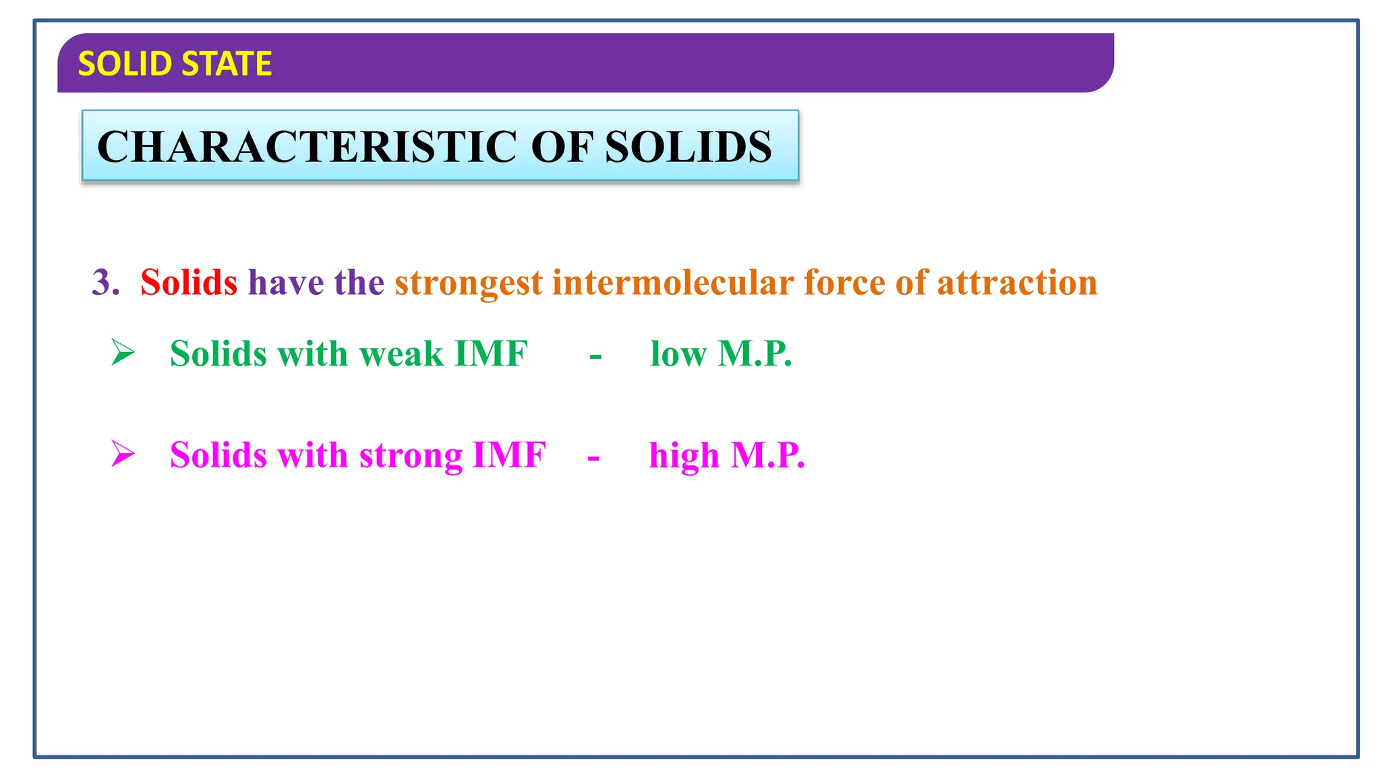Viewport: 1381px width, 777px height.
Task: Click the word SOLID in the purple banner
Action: pyautogui.click(x=126, y=64)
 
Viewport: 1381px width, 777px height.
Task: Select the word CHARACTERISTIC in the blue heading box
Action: pyautogui.click(x=308, y=146)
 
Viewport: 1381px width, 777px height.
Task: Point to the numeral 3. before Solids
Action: pyautogui.click(x=105, y=282)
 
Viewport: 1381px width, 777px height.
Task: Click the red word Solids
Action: pyautogui.click(x=189, y=282)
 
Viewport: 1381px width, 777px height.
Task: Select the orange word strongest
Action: pyautogui.click(x=469, y=283)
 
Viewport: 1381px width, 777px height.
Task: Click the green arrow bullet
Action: pyautogui.click(x=123, y=352)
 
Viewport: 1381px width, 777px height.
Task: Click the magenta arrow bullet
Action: pyautogui.click(x=123, y=453)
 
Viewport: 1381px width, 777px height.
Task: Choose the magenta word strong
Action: pyautogui.click(x=411, y=455)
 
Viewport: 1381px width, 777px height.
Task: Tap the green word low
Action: pyautogui.click(x=678, y=353)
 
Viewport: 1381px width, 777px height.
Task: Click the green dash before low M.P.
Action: pyautogui.click(x=595, y=356)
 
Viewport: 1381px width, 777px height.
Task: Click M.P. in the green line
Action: pyautogui.click(x=755, y=353)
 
